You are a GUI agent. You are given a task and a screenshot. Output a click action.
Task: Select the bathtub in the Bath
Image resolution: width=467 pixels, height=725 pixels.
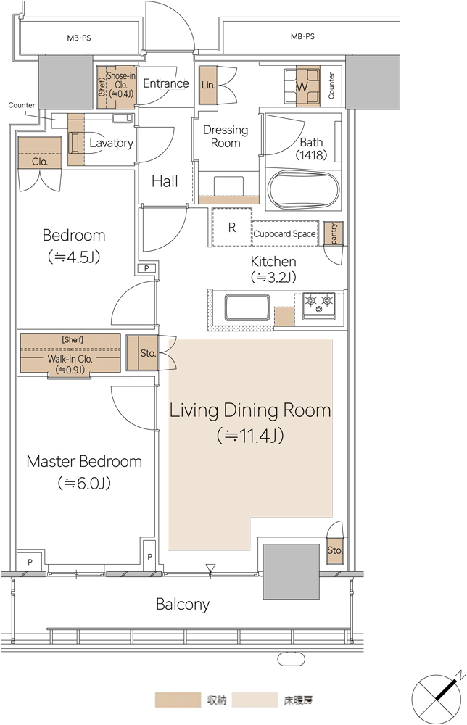coord(303,191)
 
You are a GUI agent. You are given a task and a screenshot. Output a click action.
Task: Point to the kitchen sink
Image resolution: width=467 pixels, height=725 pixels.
coord(247,307)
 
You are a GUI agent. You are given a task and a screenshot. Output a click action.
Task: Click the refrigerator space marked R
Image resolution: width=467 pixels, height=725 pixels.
coord(232,227)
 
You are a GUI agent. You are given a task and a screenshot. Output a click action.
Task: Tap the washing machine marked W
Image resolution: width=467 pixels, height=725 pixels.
coord(302,86)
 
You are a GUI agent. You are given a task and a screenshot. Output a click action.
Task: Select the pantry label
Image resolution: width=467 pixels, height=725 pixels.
coord(334,233)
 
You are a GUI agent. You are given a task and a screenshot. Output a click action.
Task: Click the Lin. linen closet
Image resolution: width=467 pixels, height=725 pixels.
coord(208,86)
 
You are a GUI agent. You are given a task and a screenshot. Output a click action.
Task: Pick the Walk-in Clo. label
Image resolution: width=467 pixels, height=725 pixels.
coord(70,359)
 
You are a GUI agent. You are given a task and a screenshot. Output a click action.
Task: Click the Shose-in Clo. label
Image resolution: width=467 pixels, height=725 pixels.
coord(121,84)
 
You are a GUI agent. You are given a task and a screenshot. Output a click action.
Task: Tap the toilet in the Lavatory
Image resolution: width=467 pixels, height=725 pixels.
coord(75,142)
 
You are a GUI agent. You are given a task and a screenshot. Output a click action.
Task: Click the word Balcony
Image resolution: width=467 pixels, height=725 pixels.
coord(183,605)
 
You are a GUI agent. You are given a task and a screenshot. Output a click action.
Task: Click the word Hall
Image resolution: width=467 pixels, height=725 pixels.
coord(165,181)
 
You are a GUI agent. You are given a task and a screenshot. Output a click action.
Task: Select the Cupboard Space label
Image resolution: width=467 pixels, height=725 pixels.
coord(284,234)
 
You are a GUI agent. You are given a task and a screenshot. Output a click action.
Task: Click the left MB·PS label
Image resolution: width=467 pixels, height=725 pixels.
coord(79,38)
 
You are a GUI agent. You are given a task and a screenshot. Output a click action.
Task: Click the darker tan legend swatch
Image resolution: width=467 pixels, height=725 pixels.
coord(178,700)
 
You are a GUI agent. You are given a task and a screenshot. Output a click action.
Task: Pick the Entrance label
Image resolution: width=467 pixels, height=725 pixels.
coord(166,83)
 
